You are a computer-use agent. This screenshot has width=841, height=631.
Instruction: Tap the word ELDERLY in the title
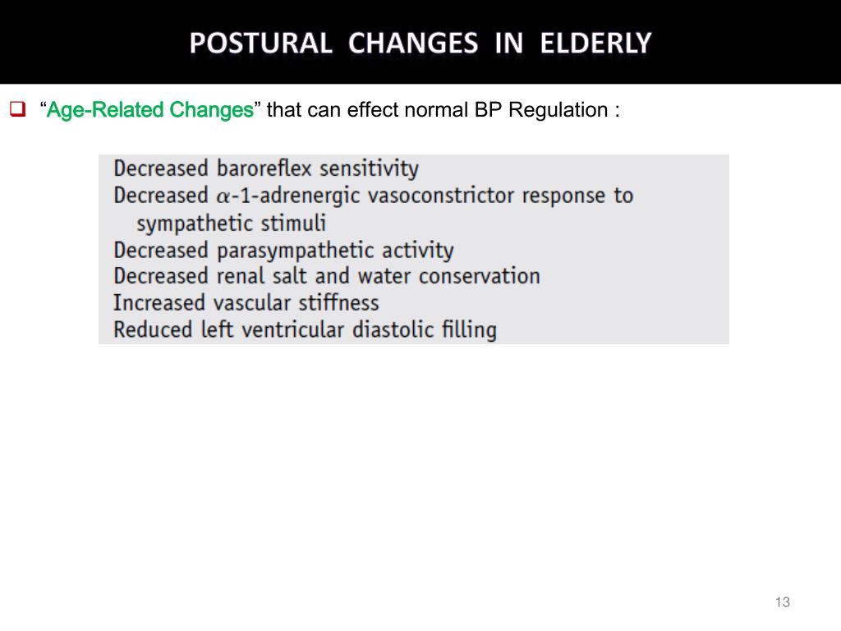(x=596, y=43)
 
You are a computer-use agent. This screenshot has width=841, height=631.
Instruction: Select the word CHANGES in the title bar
(x=413, y=43)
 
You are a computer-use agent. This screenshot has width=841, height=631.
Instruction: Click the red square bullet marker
(x=17, y=108)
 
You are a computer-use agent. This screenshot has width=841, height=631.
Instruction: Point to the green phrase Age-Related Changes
(x=149, y=110)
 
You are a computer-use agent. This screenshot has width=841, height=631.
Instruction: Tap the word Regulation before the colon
(x=558, y=110)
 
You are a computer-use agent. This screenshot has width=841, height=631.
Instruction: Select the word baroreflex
(x=264, y=168)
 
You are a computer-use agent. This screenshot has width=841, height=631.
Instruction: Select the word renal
(x=239, y=276)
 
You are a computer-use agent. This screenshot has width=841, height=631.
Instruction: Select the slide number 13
(x=782, y=603)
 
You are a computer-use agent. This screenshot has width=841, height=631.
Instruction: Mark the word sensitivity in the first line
(x=369, y=169)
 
